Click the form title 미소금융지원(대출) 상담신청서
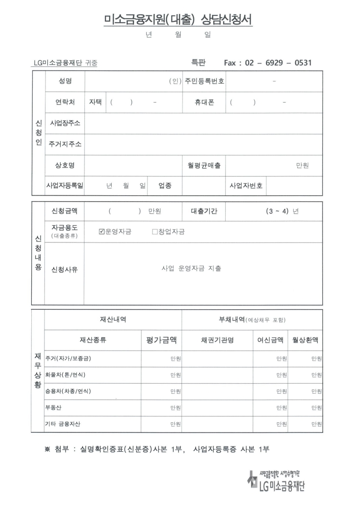(178, 20)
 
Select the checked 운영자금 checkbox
(102, 232)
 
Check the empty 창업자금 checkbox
(155, 232)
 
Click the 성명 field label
(65, 81)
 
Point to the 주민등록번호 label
(204, 81)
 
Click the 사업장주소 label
(65, 123)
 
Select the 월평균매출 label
(204, 165)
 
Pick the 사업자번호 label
(246, 186)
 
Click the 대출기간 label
(204, 211)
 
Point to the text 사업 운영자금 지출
(192, 268)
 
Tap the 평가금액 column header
(162, 340)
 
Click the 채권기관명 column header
(217, 340)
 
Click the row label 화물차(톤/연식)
(65, 375)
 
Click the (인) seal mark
(175, 81)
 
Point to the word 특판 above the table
(199, 62)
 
